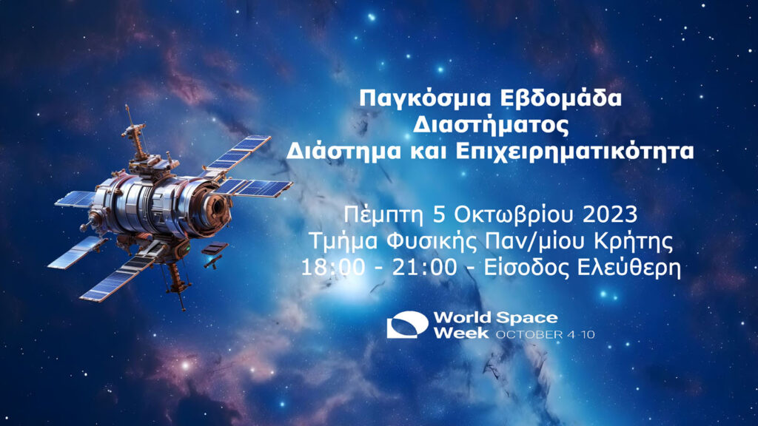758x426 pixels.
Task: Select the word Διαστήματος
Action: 491,125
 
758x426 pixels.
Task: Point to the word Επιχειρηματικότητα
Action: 574,152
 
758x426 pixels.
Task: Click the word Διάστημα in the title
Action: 343,151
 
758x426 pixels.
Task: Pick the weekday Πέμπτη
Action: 384,215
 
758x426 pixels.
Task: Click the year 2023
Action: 610,214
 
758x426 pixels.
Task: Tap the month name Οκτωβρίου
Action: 513,215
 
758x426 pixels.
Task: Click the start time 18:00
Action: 333,268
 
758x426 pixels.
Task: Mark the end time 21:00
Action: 424,268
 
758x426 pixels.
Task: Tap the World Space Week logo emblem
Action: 407,325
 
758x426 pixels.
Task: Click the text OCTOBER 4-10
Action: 546,334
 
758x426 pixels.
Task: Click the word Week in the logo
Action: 461,333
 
